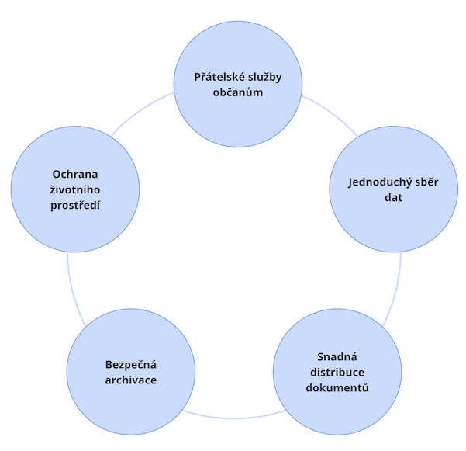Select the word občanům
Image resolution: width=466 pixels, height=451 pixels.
coord(236,93)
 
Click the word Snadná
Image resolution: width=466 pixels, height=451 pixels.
coord(337,356)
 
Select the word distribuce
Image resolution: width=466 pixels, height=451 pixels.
coord(337,372)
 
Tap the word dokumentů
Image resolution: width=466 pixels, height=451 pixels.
coord(337,387)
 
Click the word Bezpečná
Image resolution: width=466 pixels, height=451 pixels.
coord(131,364)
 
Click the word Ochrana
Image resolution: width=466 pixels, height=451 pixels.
coord(75,174)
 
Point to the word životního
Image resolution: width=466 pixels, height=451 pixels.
coord(75,189)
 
